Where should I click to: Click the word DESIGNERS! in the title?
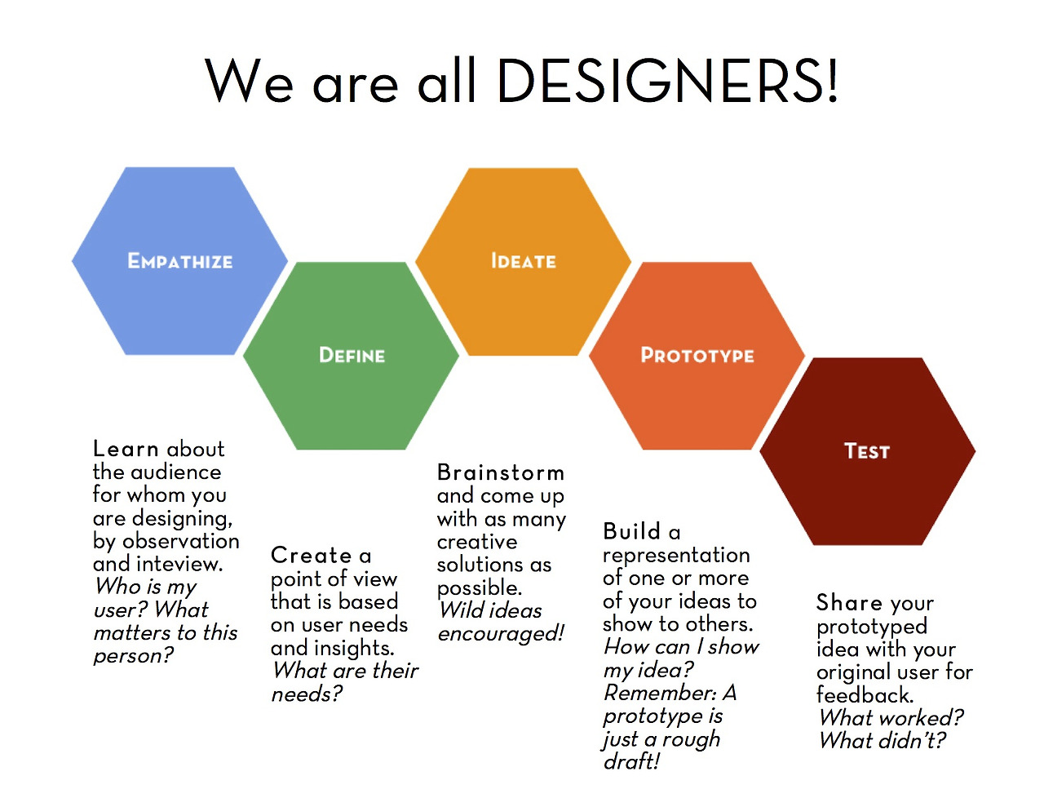[x=667, y=81]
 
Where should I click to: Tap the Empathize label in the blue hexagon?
[x=180, y=261]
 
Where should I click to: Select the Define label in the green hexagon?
[x=352, y=356]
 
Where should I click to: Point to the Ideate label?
[x=524, y=261]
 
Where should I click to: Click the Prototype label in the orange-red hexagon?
[x=697, y=356]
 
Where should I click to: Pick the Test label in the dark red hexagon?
[x=867, y=451]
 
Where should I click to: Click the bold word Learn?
[x=126, y=449]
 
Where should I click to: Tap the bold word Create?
[x=311, y=556]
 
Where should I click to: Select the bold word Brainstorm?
[x=501, y=472]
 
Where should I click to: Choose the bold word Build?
[x=632, y=531]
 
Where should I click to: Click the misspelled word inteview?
[x=179, y=564]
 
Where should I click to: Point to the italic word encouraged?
[x=501, y=634]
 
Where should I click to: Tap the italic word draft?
[x=631, y=762]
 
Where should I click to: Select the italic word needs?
[x=307, y=694]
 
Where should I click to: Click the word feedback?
[x=865, y=695]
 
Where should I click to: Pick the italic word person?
[x=134, y=656]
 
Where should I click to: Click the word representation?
[x=676, y=556]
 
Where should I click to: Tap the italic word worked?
[x=922, y=718]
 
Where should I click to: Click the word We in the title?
[x=250, y=81]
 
